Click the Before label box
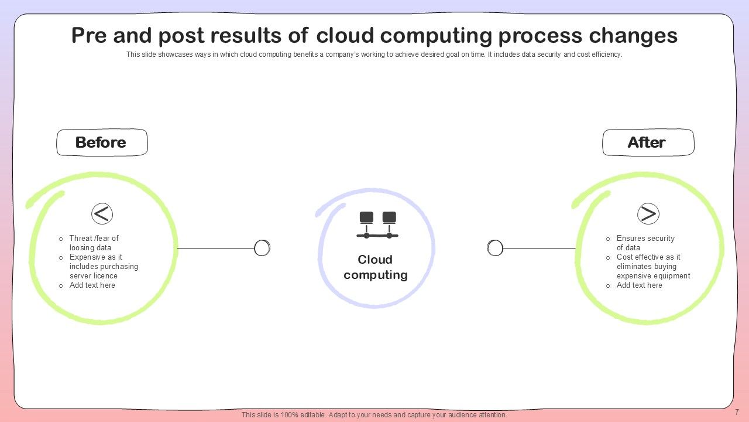pos(101,142)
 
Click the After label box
pos(648,142)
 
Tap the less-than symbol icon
pos(102,214)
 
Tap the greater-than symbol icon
pos(648,214)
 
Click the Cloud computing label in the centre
pos(376,267)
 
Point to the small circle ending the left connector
pos(262,249)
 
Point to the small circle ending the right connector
pos(495,249)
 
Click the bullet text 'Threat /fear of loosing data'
pos(94,243)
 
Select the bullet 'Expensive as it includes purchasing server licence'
pos(104,266)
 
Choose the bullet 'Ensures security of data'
pos(645,243)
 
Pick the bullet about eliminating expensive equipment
pos(653,266)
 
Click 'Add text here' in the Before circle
pos(92,285)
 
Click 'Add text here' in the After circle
pos(639,285)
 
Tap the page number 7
pos(737,412)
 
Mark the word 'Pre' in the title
pos(90,36)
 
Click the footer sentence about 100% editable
pos(374,415)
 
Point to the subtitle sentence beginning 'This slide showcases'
pos(374,55)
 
